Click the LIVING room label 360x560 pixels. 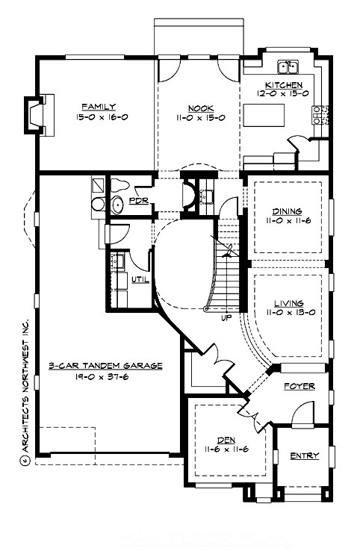tap(288, 303)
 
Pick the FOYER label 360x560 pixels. tap(299, 386)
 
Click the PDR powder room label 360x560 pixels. tap(137, 201)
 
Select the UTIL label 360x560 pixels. tap(140, 280)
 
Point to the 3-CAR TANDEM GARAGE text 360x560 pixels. tap(105, 366)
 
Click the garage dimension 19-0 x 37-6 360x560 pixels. tap(105, 377)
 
